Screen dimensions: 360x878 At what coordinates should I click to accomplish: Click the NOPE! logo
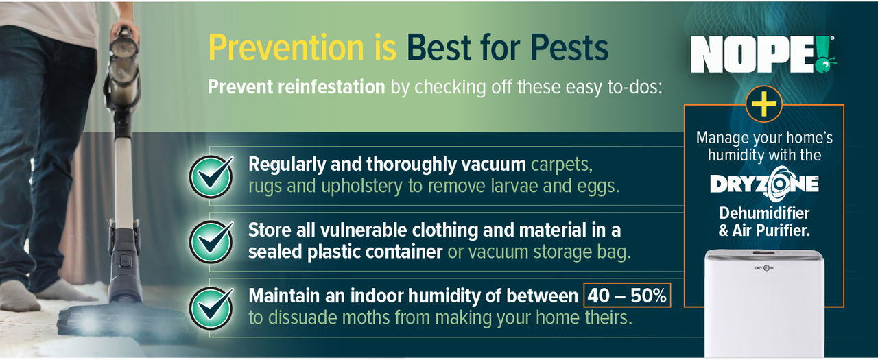[762, 54]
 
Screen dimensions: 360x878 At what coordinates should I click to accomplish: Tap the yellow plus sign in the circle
[763, 104]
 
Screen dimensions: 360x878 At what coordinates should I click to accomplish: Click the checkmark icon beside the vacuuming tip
[211, 176]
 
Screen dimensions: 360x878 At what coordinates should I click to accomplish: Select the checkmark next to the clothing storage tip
[211, 241]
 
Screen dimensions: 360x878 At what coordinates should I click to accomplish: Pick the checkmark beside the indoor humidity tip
[211, 307]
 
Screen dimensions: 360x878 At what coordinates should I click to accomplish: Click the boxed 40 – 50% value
[627, 296]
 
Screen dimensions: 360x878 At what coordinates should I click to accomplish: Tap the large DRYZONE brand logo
[763, 184]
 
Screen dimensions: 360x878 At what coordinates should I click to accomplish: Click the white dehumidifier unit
[764, 302]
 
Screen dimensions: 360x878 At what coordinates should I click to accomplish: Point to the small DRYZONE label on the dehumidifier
[764, 268]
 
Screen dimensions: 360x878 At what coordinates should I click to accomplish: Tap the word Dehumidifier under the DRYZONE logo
[764, 213]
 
